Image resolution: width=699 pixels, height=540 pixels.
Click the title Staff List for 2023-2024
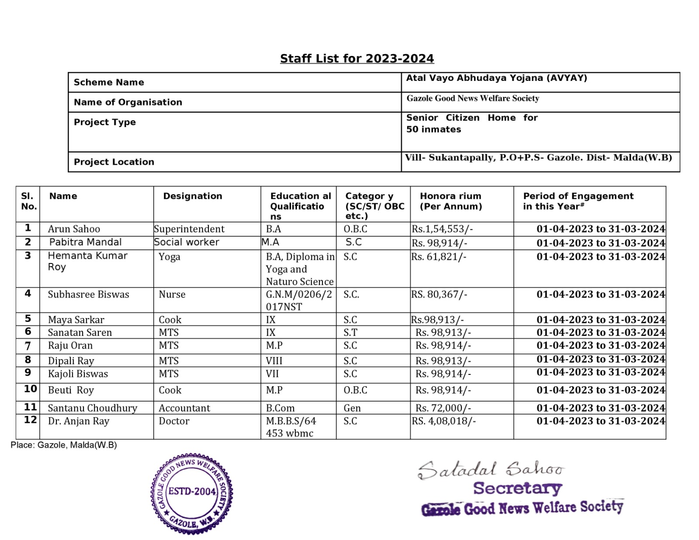356,59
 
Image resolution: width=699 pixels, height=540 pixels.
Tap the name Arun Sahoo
74,229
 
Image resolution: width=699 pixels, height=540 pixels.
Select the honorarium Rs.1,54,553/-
442,229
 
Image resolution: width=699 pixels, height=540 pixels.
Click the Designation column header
193,196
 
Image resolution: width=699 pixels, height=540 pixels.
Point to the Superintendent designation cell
189,229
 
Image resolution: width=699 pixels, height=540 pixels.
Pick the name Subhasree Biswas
88,294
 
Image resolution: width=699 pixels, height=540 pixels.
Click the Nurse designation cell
172,294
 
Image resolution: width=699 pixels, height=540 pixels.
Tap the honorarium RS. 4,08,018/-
443,421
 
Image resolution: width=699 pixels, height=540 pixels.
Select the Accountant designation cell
184,408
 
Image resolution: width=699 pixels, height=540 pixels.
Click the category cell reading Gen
352,408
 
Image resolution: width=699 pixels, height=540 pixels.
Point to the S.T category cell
350,332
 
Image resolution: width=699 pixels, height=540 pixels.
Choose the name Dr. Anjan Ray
79,421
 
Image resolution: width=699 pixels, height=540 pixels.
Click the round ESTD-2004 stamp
192,492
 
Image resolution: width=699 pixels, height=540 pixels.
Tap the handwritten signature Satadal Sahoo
491,470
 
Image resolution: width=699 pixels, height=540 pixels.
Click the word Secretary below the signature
517,488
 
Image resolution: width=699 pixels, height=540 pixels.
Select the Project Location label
114,162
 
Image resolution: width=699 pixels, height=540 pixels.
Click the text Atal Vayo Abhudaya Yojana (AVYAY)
497,78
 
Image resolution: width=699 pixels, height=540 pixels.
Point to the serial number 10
30,389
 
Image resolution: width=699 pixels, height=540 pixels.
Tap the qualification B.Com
280,408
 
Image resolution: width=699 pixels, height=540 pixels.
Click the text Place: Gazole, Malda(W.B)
64,445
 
